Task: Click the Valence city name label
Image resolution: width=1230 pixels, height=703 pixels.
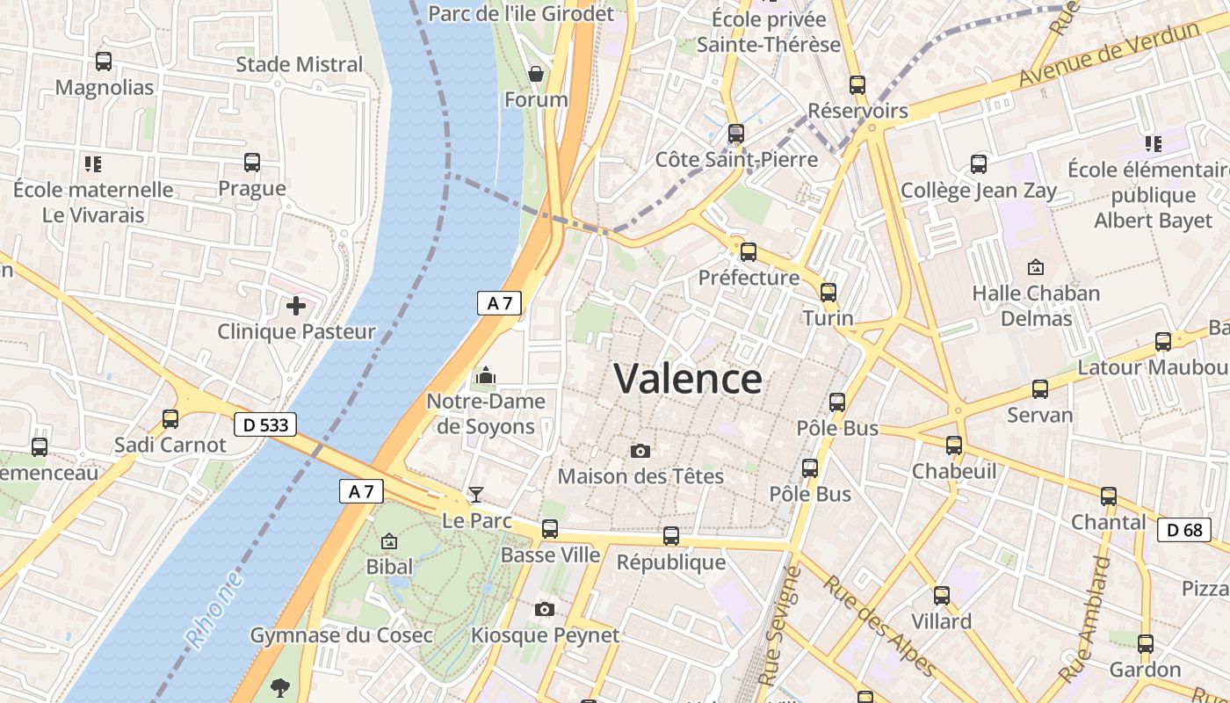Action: [688, 379]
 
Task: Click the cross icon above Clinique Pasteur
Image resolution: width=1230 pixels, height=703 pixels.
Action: [296, 306]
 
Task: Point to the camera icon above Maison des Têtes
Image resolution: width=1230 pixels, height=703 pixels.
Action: [640, 451]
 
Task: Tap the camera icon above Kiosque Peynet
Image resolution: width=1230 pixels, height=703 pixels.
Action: [545, 609]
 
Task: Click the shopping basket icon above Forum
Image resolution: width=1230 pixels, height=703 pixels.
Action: [536, 74]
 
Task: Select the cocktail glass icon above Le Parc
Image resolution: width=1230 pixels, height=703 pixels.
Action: [476, 494]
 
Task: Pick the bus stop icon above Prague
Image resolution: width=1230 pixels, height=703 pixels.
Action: [252, 163]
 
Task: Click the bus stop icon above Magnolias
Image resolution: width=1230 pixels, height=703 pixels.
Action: [104, 62]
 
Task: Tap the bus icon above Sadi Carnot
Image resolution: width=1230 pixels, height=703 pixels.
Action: [170, 419]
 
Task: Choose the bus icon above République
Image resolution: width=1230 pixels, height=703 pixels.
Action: [671, 536]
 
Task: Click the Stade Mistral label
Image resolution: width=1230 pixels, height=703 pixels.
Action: [300, 64]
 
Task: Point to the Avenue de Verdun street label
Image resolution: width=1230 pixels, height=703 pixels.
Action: [1109, 54]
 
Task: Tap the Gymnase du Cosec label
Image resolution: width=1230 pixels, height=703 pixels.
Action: [342, 635]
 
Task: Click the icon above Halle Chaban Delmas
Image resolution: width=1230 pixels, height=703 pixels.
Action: [1036, 266]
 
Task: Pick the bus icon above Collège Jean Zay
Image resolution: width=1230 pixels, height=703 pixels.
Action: [979, 164]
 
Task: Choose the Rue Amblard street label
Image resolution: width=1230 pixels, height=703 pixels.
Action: [1086, 619]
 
